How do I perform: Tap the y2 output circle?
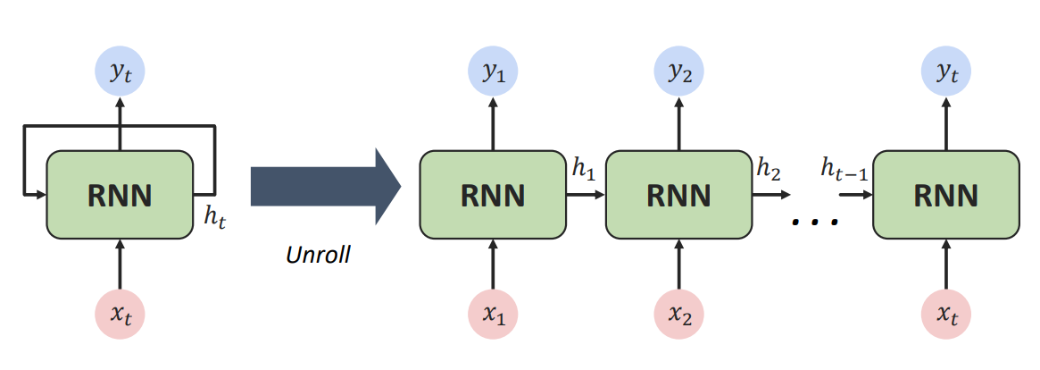679,73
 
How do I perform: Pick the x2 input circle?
679,315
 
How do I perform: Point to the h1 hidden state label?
583,170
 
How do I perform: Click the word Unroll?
318,256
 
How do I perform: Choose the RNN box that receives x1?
493,194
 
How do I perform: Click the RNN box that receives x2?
679,194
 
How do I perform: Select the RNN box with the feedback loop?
120,194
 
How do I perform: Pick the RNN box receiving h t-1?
945,194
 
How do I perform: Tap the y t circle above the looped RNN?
120,73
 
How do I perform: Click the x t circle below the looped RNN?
120,315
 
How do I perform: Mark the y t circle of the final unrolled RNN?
945,73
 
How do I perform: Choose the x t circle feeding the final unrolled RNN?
945,315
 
